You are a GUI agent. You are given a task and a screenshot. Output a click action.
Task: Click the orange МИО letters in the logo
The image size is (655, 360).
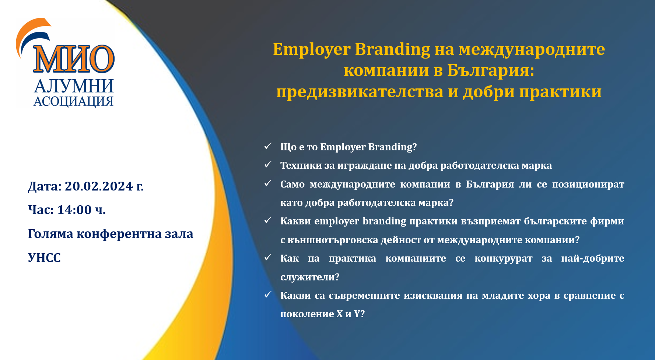[74, 59]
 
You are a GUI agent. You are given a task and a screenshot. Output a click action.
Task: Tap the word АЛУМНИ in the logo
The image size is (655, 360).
[74, 86]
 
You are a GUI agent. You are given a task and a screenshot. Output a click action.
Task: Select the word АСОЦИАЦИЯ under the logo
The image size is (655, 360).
[73, 101]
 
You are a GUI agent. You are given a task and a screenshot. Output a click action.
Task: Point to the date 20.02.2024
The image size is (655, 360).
[99, 186]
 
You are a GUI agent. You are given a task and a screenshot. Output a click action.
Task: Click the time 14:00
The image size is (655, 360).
[74, 210]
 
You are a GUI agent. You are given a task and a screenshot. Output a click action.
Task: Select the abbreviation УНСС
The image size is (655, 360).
[44, 258]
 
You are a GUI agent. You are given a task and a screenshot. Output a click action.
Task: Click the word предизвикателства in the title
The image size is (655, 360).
[360, 92]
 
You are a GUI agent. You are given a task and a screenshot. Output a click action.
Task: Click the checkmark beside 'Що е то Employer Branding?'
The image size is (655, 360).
[268, 146]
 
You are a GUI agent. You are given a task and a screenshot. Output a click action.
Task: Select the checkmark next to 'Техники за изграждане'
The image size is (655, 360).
[268, 164]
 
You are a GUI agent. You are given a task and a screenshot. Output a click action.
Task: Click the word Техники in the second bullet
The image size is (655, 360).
[301, 165]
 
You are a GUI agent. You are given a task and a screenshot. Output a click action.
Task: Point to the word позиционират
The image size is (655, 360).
[588, 184]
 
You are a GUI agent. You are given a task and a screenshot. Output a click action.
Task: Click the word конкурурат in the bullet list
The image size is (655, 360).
[504, 259]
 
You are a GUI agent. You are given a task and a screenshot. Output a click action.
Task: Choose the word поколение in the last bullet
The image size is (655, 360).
[307, 314]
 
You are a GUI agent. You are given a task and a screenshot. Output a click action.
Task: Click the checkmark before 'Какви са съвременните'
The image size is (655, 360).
[268, 294]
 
